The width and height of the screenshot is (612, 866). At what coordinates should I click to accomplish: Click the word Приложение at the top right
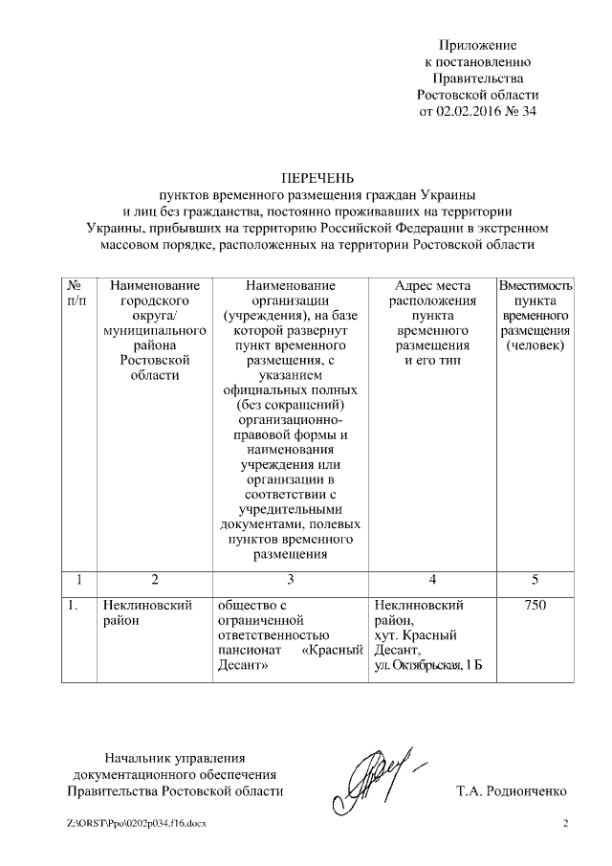(x=477, y=45)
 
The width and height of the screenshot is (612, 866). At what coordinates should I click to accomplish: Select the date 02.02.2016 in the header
(x=470, y=111)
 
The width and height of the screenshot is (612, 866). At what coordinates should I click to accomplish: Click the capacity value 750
(x=535, y=606)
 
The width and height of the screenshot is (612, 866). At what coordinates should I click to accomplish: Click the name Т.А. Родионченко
(x=512, y=791)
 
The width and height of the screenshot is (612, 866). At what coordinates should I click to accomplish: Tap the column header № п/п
(x=78, y=293)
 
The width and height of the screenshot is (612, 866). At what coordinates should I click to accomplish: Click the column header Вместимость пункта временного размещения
(x=535, y=316)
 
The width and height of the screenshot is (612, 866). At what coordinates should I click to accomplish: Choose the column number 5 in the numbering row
(x=535, y=579)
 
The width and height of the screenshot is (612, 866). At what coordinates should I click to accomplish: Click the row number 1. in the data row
(x=74, y=606)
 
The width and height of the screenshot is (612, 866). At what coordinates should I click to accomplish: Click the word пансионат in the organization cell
(x=249, y=651)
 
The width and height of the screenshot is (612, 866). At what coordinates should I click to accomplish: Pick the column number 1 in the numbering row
(x=78, y=579)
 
